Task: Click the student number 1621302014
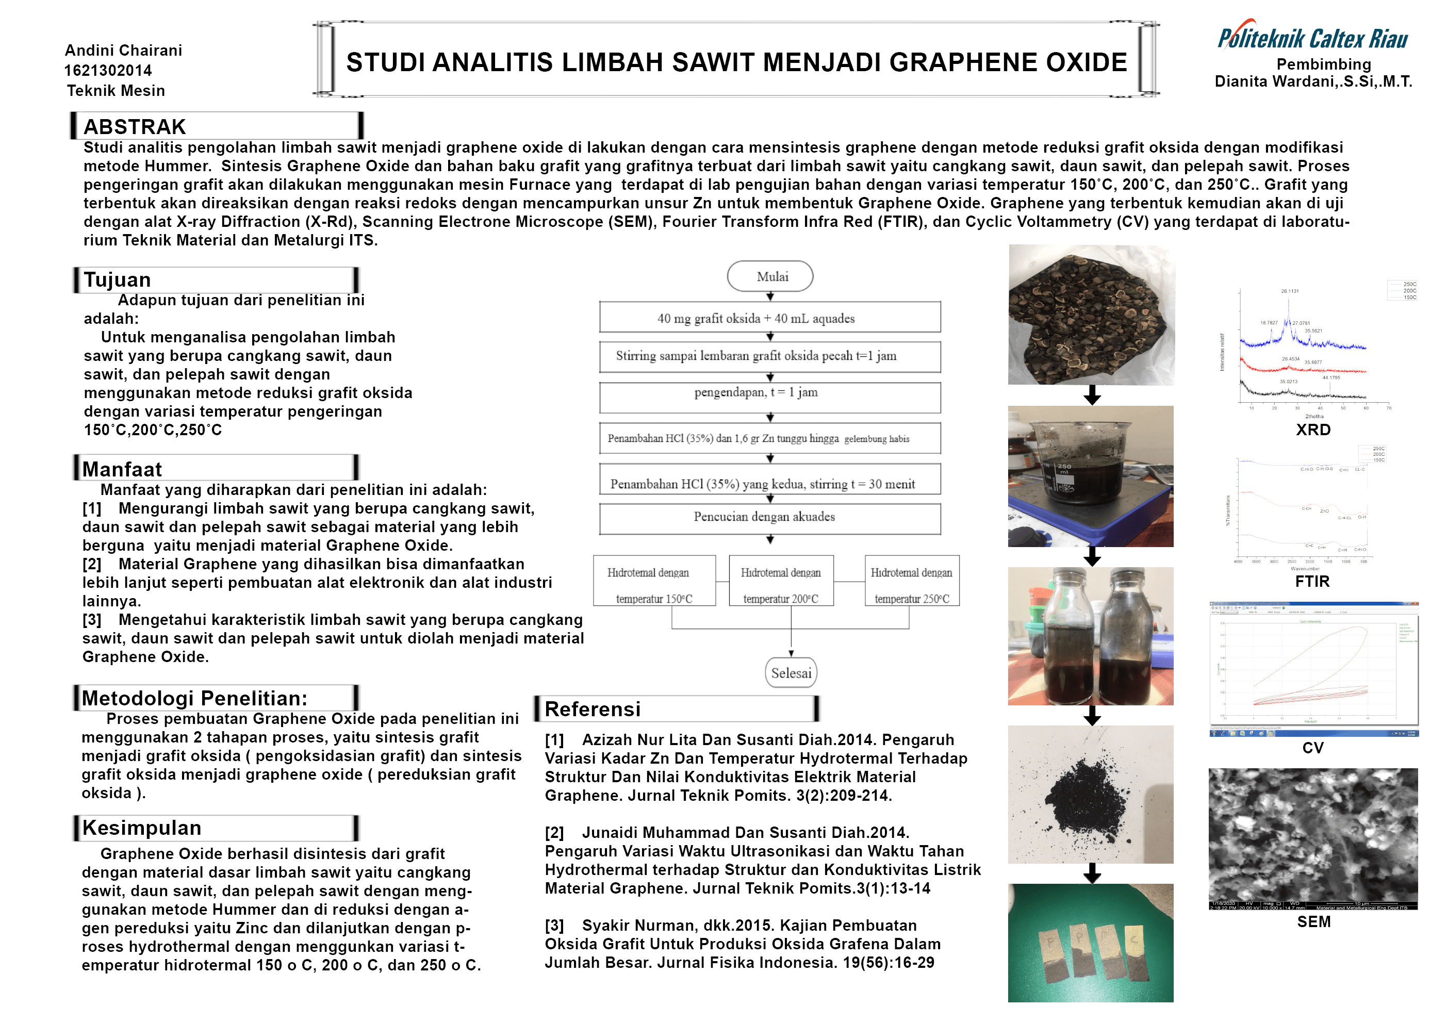108,70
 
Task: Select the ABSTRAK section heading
135,127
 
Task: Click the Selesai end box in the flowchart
791,672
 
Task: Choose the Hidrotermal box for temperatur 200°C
780,581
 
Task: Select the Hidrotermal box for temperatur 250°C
911,581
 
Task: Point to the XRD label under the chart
1313,430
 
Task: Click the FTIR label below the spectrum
1312,581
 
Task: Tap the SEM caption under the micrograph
1313,921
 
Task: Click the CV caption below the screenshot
1313,748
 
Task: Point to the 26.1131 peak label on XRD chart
1289,291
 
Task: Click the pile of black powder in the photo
1091,796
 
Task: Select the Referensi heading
593,709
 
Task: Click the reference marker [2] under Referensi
554,833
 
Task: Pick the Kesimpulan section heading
142,828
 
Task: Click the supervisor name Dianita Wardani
1313,81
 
